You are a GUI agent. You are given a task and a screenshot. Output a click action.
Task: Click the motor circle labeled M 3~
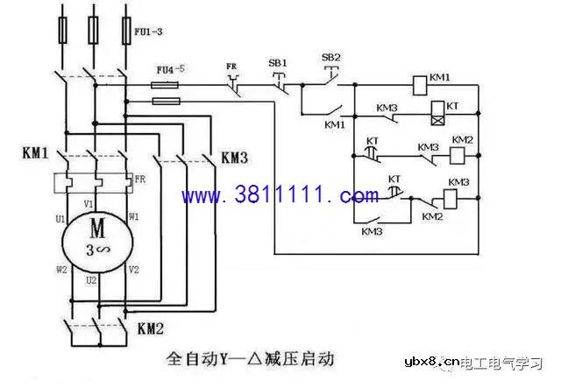click(x=97, y=236)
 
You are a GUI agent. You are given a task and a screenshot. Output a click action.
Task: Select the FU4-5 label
click(x=170, y=68)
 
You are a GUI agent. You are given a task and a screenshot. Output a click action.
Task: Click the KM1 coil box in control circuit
click(x=419, y=86)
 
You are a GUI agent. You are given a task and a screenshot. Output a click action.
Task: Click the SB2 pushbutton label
click(x=331, y=58)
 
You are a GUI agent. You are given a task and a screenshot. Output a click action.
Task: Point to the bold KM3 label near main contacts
click(x=235, y=158)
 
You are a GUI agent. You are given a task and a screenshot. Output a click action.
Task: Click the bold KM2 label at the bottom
click(x=151, y=328)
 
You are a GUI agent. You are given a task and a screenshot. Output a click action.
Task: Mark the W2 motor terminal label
click(x=62, y=270)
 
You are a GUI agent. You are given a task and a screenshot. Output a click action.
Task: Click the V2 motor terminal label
click(x=134, y=270)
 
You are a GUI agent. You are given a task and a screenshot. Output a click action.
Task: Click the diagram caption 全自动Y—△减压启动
click(x=250, y=359)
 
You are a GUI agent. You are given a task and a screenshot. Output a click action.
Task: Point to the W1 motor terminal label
click(x=133, y=215)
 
